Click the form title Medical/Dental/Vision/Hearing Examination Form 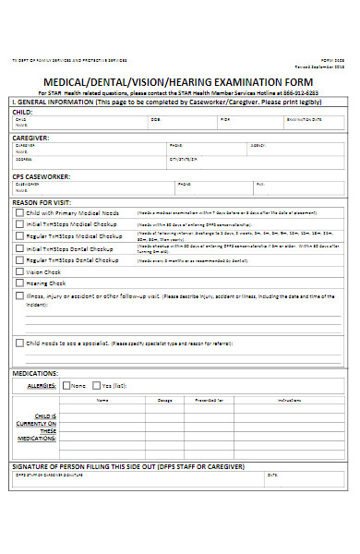pos(180,78)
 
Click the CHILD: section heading pos(25,111)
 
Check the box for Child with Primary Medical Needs pos(20,212)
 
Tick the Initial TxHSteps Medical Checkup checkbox pos(20,224)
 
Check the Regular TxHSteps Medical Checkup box pos(20,236)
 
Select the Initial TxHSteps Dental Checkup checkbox pos(20,248)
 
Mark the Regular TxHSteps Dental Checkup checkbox pos(20,260)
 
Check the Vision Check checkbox pos(20,272)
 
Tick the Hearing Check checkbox pos(20,284)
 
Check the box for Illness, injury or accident pos(20,296)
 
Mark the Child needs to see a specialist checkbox pos(20,342)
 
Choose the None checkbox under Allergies pos(66,385)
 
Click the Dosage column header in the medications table pos(165,400)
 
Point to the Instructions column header pos(289,400)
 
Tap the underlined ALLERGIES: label pos(42,385)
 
